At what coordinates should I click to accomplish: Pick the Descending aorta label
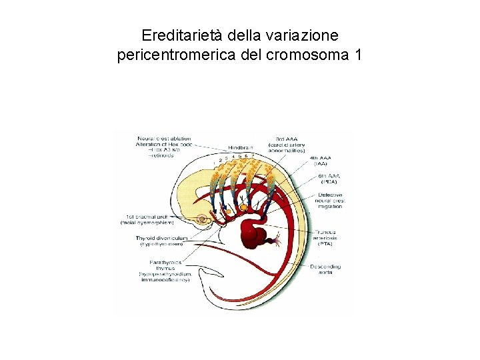point(325,270)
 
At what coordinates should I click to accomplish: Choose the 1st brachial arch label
point(151,217)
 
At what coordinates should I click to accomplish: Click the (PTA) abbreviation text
point(324,244)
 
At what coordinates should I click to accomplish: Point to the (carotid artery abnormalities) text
point(287,147)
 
